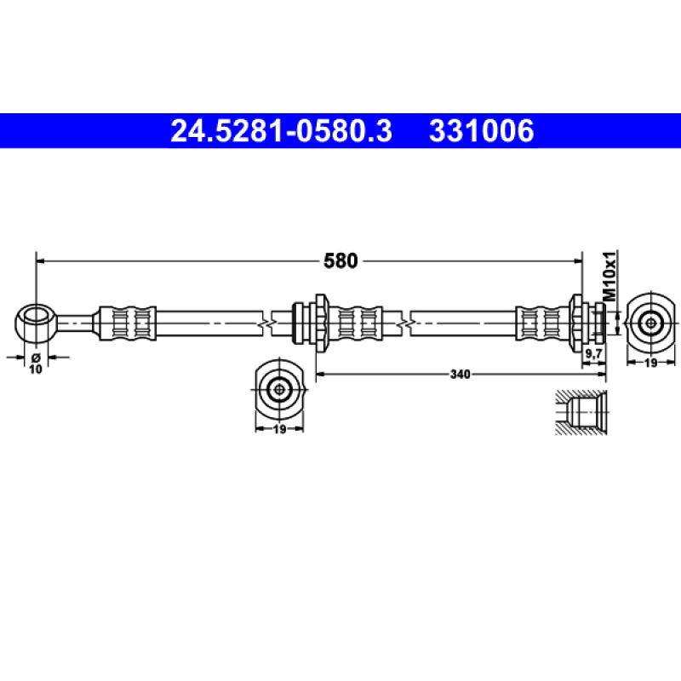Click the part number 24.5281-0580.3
[x=282, y=132]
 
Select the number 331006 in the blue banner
[x=482, y=132]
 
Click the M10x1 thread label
[x=609, y=274]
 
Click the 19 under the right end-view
[x=651, y=363]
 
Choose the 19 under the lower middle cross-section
[x=278, y=431]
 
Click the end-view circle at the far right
[x=651, y=322]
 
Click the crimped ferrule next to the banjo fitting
[x=127, y=323]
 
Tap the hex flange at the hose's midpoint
[x=320, y=323]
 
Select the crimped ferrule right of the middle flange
[x=358, y=323]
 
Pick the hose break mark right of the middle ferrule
[x=408, y=323]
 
